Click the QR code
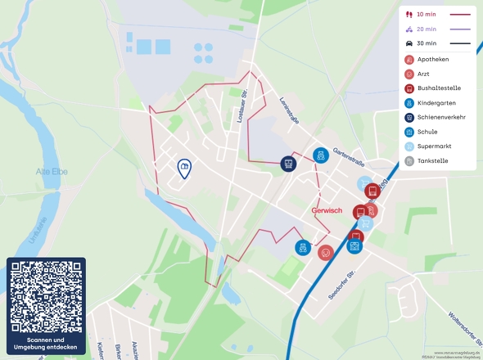[x=46, y=296]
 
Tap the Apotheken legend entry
[x=432, y=60]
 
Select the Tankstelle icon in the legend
[x=409, y=161]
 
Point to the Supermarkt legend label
[x=434, y=146]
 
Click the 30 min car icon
[x=409, y=43]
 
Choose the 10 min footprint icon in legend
[x=409, y=15]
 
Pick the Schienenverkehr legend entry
[x=441, y=118]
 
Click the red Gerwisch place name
[x=327, y=210]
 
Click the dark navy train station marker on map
[x=288, y=164]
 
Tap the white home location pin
[x=185, y=168]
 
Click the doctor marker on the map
[x=326, y=253]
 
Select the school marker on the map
[x=354, y=245]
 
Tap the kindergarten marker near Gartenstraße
[x=321, y=155]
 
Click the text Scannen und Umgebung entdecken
[x=46, y=344]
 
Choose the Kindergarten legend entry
[x=436, y=103]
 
